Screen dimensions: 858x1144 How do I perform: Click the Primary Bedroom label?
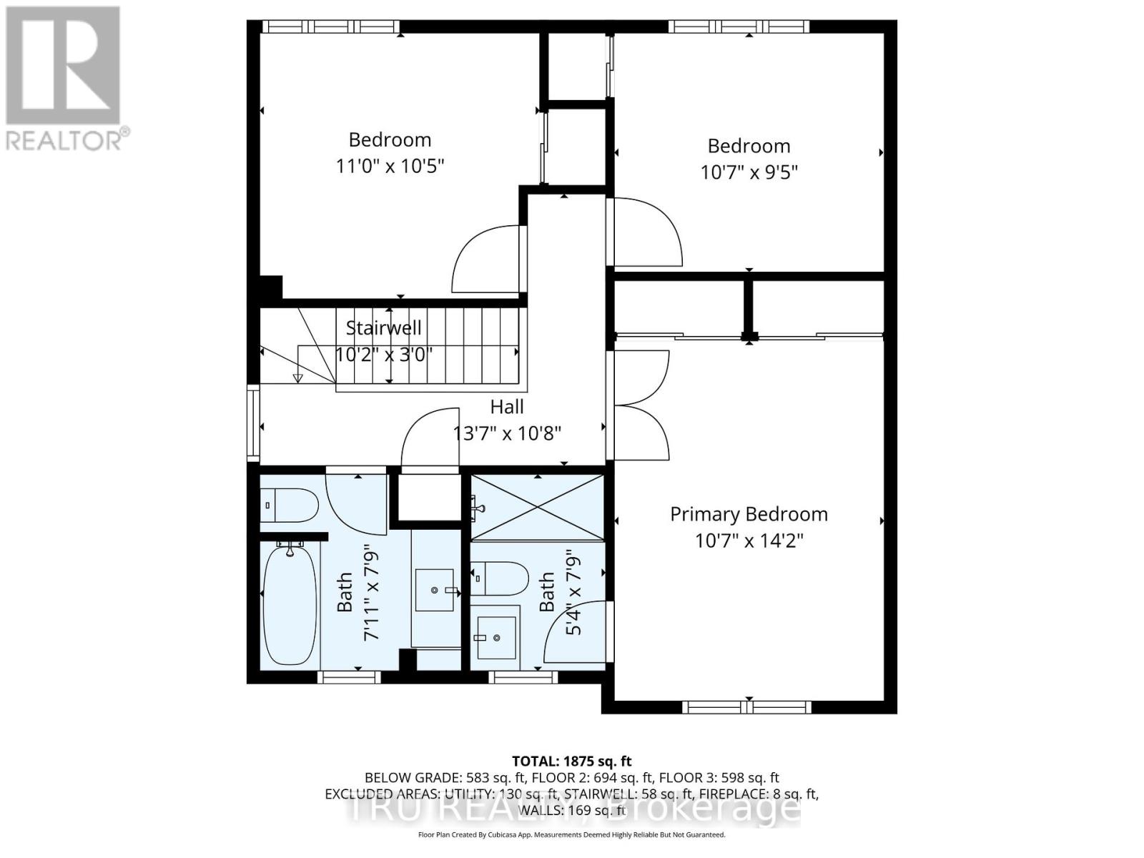(749, 514)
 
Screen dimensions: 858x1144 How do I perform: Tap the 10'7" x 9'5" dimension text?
(749, 172)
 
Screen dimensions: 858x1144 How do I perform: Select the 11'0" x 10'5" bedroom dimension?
(390, 166)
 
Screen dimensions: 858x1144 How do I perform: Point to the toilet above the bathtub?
(289, 505)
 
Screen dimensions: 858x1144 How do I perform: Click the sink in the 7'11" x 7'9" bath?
(435, 591)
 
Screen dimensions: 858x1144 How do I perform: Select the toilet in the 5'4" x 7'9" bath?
(500, 578)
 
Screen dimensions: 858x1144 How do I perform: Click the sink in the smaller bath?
(495, 637)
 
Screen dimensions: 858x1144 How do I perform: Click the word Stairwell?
(384, 328)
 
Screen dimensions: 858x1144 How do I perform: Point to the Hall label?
(507, 407)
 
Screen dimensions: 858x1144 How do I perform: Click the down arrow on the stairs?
(298, 378)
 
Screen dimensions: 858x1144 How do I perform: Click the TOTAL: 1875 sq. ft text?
(571, 761)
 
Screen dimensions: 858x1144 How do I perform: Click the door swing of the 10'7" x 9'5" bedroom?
(648, 232)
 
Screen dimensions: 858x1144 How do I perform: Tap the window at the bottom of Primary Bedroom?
(747, 706)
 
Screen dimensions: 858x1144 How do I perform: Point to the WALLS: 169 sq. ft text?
(571, 810)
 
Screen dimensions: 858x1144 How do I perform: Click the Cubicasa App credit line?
(571, 834)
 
